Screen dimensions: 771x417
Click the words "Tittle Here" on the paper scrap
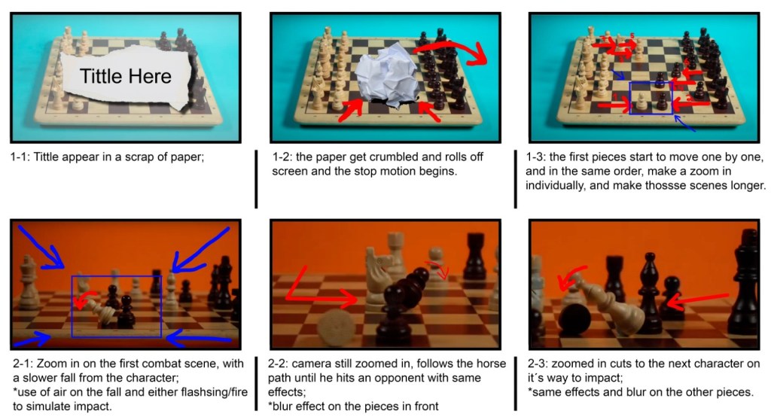(126, 76)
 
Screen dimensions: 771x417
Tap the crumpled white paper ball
(388, 80)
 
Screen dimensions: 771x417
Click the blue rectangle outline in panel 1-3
(651, 83)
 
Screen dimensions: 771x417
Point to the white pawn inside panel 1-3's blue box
(642, 102)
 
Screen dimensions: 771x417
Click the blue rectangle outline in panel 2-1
(117, 276)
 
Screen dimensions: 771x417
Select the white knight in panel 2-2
(379, 279)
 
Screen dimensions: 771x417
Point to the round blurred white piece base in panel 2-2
(337, 326)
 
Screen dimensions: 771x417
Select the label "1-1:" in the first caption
(20, 157)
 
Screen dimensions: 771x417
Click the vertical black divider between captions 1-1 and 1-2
(256, 179)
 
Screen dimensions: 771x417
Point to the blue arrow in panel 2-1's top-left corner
(41, 248)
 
